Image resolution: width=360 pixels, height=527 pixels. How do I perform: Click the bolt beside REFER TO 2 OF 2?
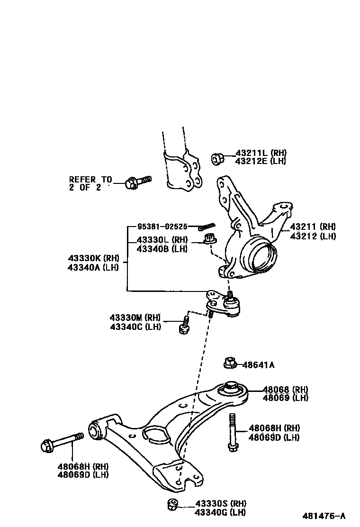(x=137, y=182)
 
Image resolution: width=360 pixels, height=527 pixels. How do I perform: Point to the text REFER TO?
(x=90, y=180)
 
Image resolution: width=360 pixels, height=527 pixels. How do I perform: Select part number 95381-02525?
(x=162, y=227)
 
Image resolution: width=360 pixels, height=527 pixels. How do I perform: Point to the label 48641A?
(x=258, y=365)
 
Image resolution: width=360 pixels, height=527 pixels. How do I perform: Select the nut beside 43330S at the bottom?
(x=173, y=505)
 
